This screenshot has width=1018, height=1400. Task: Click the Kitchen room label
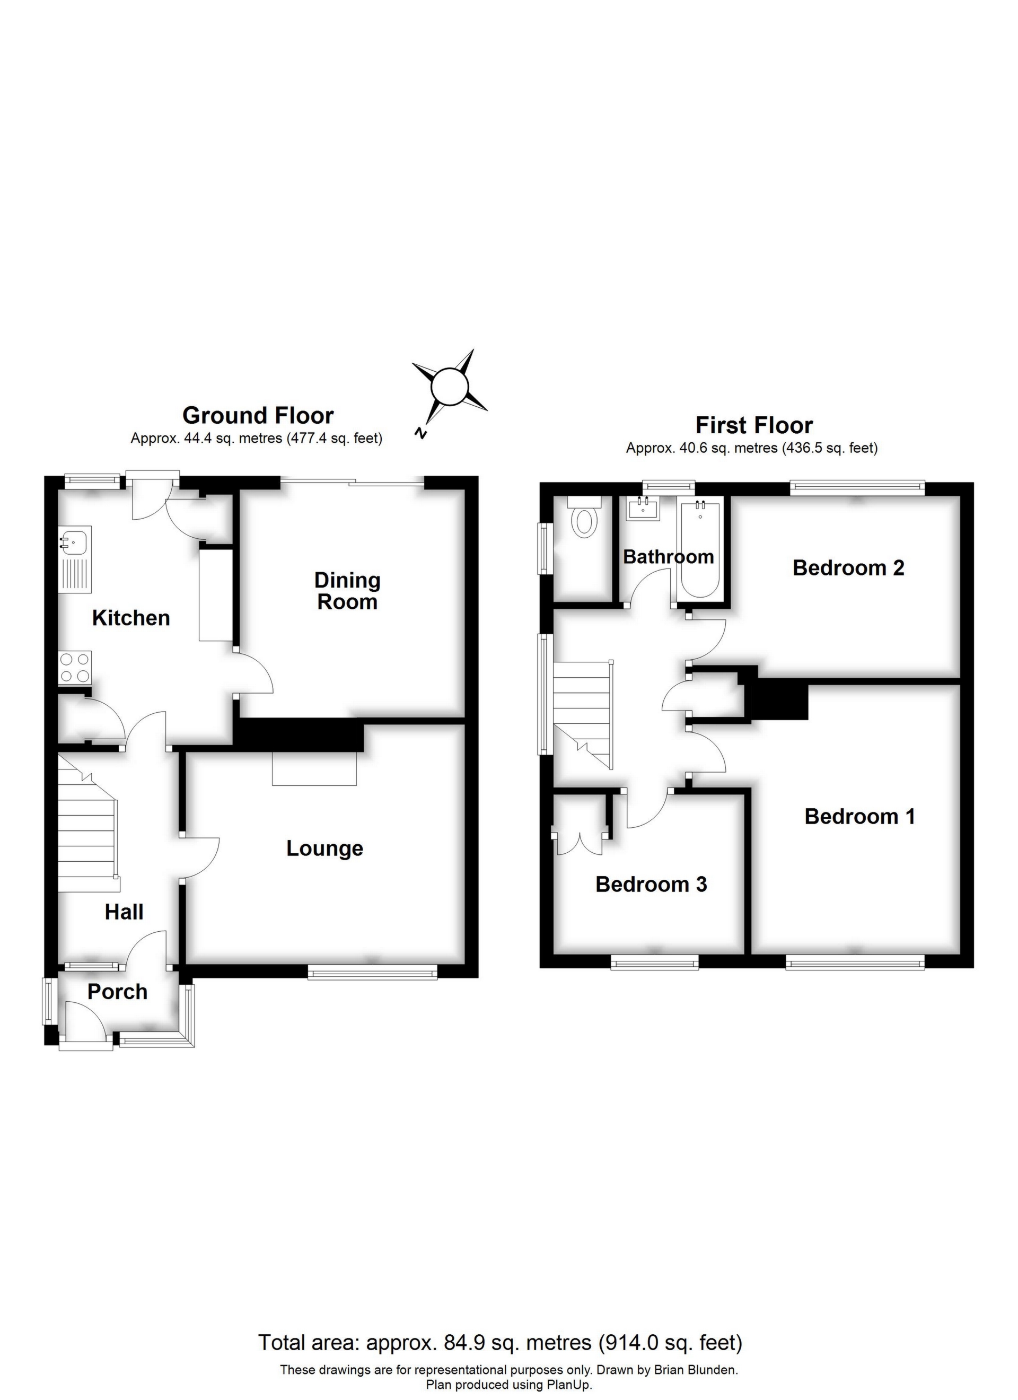coord(131,618)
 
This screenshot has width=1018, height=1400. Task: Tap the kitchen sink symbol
coord(75,542)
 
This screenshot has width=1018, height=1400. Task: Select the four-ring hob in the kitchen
coord(75,667)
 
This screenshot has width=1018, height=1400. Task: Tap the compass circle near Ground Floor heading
coord(451,387)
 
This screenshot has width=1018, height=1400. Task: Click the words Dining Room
coord(348,591)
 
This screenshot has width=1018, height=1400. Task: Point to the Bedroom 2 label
coord(848,567)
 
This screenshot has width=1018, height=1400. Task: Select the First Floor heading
coord(754,425)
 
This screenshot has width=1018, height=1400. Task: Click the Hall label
coord(124,912)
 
